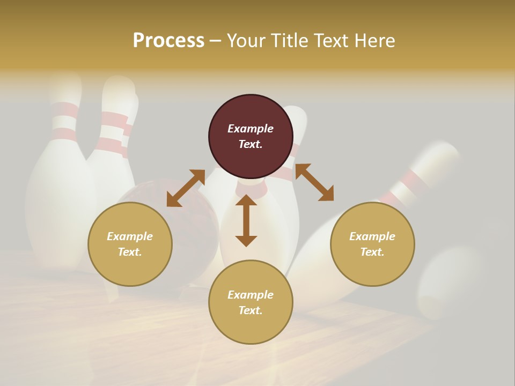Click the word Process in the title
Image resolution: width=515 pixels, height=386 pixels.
pos(168,41)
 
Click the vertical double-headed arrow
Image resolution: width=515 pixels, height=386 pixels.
pos(246,220)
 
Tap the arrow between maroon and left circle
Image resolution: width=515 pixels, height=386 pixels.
pos(186,188)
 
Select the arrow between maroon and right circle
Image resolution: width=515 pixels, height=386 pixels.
pos(314,183)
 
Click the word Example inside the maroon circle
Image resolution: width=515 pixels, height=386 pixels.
pos(251,129)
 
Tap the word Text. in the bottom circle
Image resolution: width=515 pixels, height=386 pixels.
pos(251,310)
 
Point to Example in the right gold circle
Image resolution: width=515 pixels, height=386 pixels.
pos(372,236)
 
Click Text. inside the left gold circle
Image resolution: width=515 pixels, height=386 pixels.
pos(130,252)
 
